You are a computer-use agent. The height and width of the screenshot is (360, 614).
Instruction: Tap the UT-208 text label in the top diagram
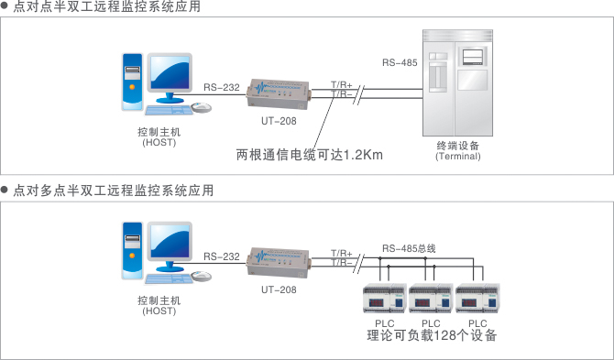(x=279, y=120)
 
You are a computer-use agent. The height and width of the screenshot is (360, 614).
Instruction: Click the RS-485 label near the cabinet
(x=400, y=63)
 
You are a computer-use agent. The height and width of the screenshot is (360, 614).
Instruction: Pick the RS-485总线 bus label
(x=409, y=247)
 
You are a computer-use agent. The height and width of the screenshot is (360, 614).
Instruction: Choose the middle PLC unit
(x=431, y=300)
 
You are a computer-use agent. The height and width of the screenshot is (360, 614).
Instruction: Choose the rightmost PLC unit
(x=477, y=300)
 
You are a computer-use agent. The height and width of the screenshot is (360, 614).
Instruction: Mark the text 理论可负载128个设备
(x=432, y=336)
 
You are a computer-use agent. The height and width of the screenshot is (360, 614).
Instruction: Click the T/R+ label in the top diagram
(x=341, y=84)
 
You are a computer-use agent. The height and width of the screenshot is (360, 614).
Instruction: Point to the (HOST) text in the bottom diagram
(x=159, y=311)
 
